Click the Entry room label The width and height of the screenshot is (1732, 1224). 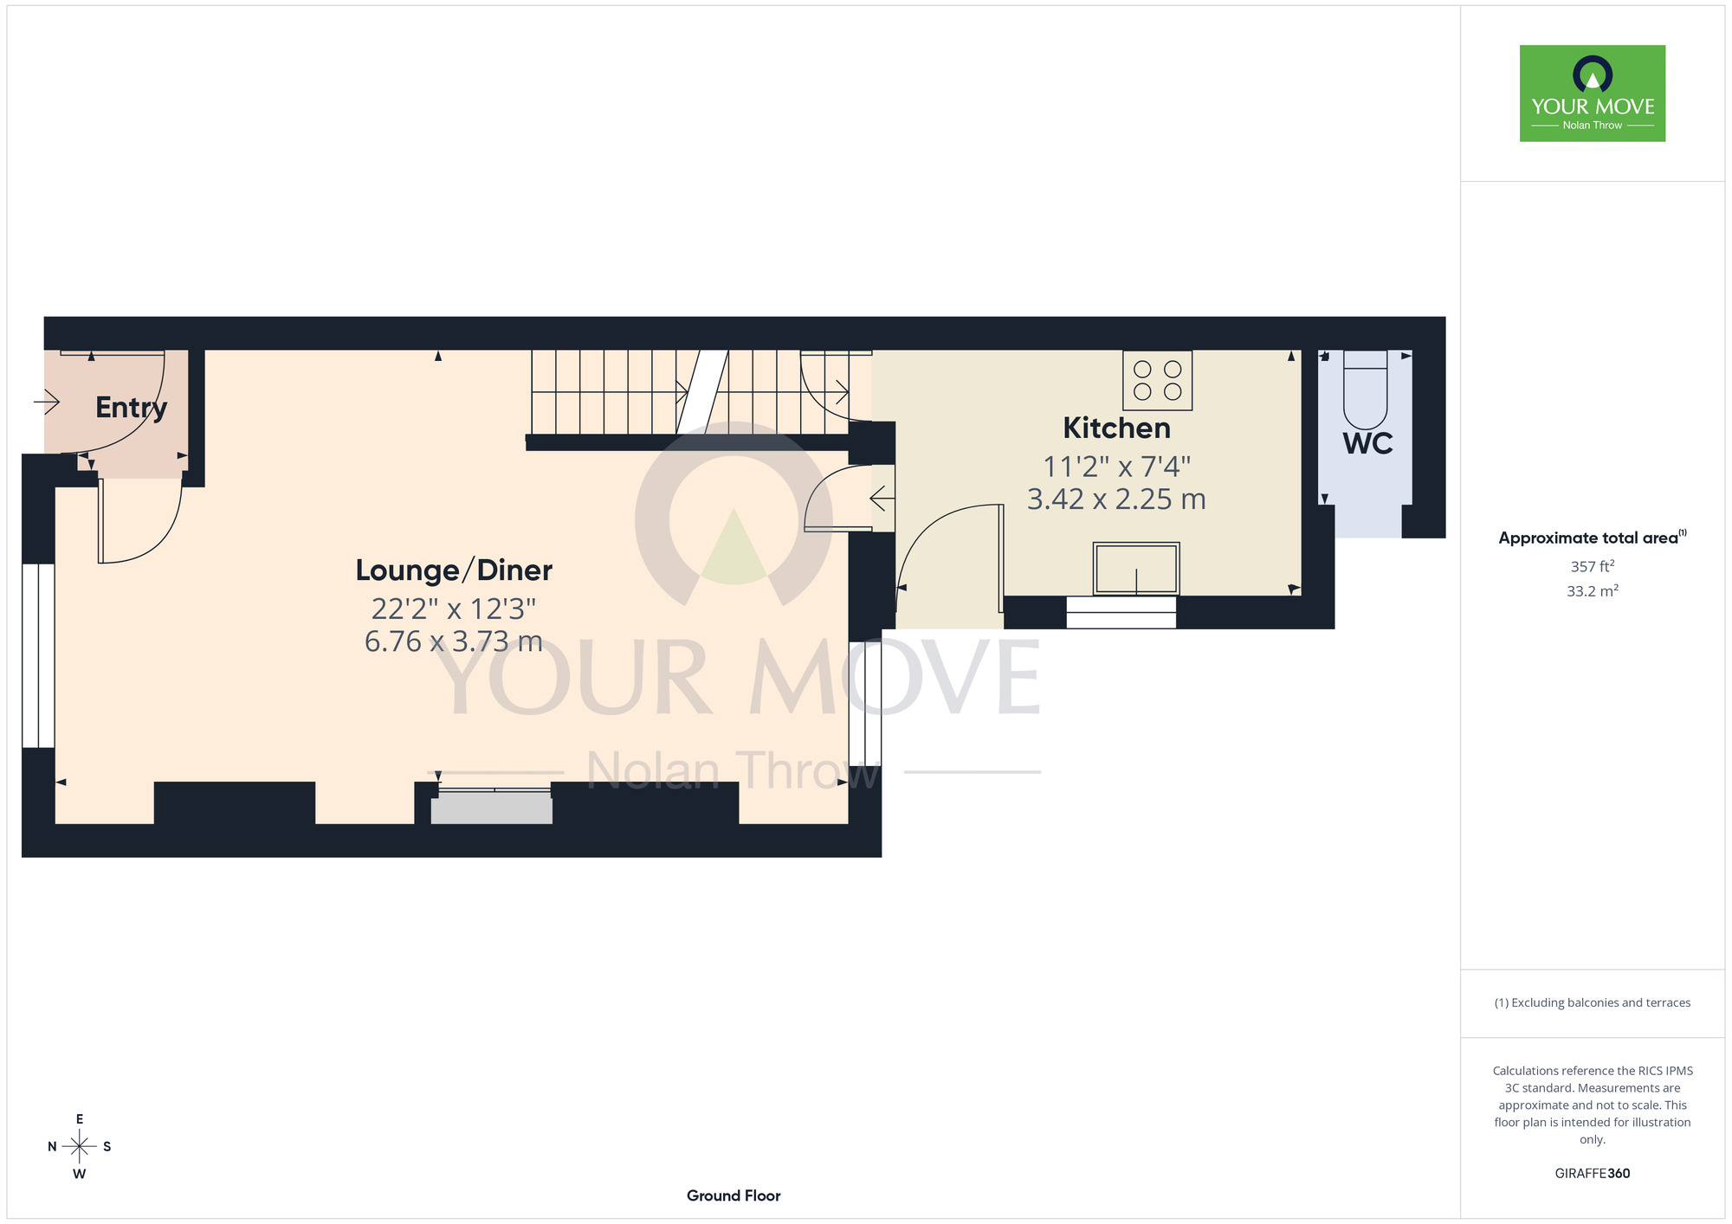pos(132,408)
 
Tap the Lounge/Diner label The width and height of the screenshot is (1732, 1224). pos(454,570)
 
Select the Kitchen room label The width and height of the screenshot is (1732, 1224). pos(1116,428)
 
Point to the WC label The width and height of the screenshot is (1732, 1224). pos(1367,443)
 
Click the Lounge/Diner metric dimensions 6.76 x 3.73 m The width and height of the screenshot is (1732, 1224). pos(454,641)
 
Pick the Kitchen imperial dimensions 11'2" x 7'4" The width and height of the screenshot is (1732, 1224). pos(1116,467)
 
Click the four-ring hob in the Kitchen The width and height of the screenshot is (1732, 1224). pos(1157,380)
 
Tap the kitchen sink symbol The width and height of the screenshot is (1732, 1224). pos(1136,569)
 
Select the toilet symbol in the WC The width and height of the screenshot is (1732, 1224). pos(1365,390)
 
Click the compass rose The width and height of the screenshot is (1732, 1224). pos(79,1147)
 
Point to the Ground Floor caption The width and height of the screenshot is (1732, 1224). pos(734,1195)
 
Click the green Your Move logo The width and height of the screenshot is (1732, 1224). pos(1592,93)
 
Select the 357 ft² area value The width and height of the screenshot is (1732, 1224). pos(1593,566)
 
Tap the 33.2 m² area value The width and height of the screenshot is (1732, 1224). pos(1593,591)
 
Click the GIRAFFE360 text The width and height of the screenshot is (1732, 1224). pos(1592,1174)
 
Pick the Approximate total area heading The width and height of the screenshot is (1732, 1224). pos(1592,538)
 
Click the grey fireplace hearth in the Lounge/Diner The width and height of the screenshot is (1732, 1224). pos(492,808)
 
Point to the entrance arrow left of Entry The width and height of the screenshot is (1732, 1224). pos(46,402)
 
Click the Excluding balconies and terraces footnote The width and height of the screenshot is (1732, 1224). pos(1592,1002)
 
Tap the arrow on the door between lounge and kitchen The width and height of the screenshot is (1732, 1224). pos(882,499)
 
